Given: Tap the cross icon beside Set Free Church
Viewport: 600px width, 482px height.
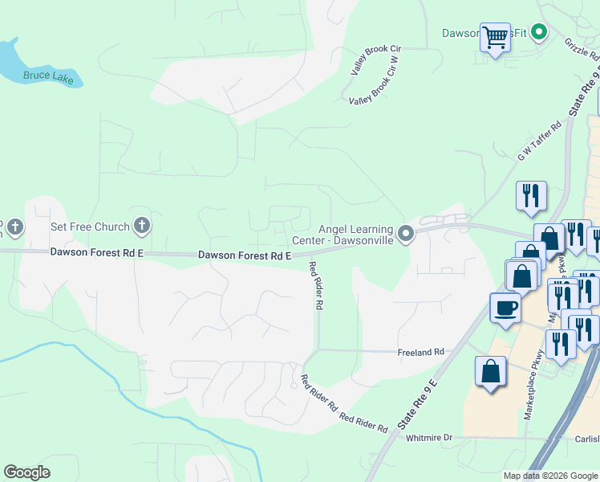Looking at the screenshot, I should (141, 227).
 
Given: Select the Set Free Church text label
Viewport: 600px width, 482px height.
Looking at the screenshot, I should (90, 227).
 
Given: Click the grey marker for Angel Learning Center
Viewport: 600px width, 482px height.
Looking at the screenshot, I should (406, 234).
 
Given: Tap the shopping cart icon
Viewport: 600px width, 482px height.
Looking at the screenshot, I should (495, 36).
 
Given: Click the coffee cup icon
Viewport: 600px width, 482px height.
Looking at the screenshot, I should (505, 308).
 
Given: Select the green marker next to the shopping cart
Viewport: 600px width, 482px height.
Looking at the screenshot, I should (540, 33).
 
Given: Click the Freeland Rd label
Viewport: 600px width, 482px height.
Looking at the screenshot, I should (421, 352).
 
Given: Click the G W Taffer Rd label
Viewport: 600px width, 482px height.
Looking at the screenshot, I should (540, 142).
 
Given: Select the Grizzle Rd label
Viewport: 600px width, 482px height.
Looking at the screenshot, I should (581, 50).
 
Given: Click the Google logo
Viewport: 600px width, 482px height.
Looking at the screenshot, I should (26, 472).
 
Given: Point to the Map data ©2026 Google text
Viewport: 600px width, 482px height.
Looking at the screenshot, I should (550, 476).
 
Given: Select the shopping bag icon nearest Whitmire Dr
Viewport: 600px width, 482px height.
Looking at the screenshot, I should (490, 372).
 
